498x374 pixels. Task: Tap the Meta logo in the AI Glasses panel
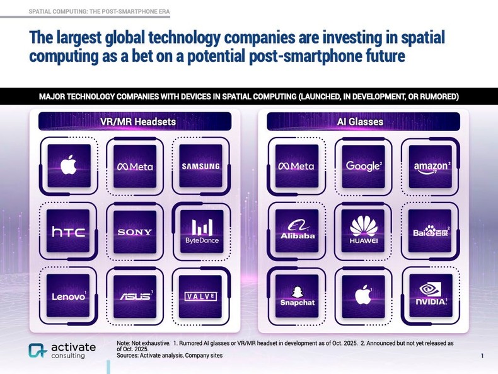[296, 167]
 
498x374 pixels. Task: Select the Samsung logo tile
[200, 167]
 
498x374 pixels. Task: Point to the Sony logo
[134, 232]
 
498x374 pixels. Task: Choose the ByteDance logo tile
[200, 232]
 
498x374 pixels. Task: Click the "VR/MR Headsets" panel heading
[134, 122]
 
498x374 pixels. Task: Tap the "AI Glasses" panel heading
[364, 122]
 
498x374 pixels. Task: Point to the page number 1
[482, 357]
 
